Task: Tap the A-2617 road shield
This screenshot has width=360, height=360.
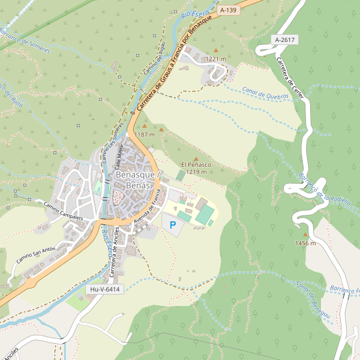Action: coord(284,40)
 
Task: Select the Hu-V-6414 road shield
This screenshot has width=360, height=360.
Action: coord(104,289)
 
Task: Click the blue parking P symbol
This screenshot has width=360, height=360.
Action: coord(173,225)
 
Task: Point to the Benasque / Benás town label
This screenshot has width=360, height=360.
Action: coord(135,180)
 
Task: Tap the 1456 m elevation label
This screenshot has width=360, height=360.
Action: coord(305,243)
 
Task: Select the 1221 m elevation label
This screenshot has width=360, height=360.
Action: coord(215,59)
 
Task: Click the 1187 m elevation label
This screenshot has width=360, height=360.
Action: coord(145,134)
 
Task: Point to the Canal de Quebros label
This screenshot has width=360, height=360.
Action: coord(265,93)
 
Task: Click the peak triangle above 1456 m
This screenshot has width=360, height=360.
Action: coord(305,235)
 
